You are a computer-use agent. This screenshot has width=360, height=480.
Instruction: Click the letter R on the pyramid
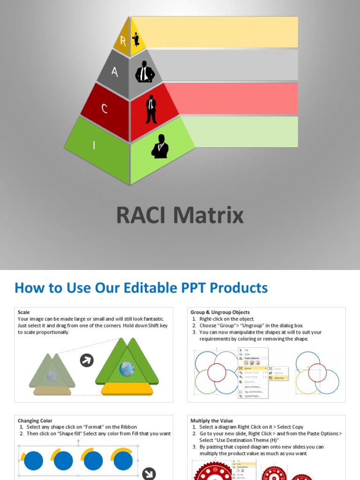coord(123,41)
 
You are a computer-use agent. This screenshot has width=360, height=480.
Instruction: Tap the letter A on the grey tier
coord(114,72)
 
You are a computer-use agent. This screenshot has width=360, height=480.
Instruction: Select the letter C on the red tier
coord(105,109)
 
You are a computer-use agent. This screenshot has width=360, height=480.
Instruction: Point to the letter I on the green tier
coord(94,145)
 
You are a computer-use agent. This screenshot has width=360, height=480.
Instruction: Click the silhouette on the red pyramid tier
coord(151,109)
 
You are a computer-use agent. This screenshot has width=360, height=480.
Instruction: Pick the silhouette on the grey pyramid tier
coord(145,72)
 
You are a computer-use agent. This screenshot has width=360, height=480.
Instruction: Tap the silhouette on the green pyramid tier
coord(160,146)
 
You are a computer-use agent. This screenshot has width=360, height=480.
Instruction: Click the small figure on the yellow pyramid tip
coord(136,39)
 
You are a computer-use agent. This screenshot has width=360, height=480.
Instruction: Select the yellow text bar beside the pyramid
coord(220,32)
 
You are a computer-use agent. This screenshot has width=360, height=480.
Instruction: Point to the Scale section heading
coord(24,312)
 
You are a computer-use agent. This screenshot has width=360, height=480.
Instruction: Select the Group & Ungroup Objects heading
coord(220,312)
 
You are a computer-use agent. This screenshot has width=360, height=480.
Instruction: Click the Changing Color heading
coord(35,420)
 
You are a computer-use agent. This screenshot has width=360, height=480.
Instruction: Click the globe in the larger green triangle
coord(127,369)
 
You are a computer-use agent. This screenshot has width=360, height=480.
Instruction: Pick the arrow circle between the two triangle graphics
coord(87,360)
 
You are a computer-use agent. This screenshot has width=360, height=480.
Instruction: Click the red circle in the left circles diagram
coord(217,373)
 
